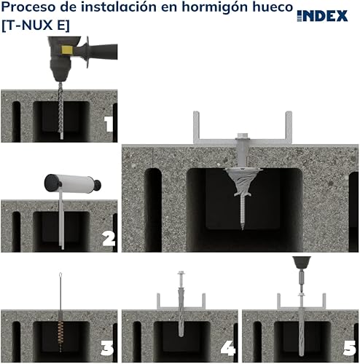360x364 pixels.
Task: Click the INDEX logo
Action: point(322,16)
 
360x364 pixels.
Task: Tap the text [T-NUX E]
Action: point(36,25)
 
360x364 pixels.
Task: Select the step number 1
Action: point(109,124)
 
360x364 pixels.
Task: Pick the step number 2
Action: point(109,238)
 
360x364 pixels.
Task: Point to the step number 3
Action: point(107,349)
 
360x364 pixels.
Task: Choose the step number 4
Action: point(228,349)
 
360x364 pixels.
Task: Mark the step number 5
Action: point(349,349)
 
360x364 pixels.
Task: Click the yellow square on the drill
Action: point(66,50)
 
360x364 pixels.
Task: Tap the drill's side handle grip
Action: point(104,52)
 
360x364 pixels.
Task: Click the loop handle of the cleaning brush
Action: point(60,276)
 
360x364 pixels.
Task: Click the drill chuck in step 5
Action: point(301,262)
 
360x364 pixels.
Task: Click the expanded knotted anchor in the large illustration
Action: point(243,182)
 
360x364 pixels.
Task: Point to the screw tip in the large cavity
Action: point(243,228)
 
